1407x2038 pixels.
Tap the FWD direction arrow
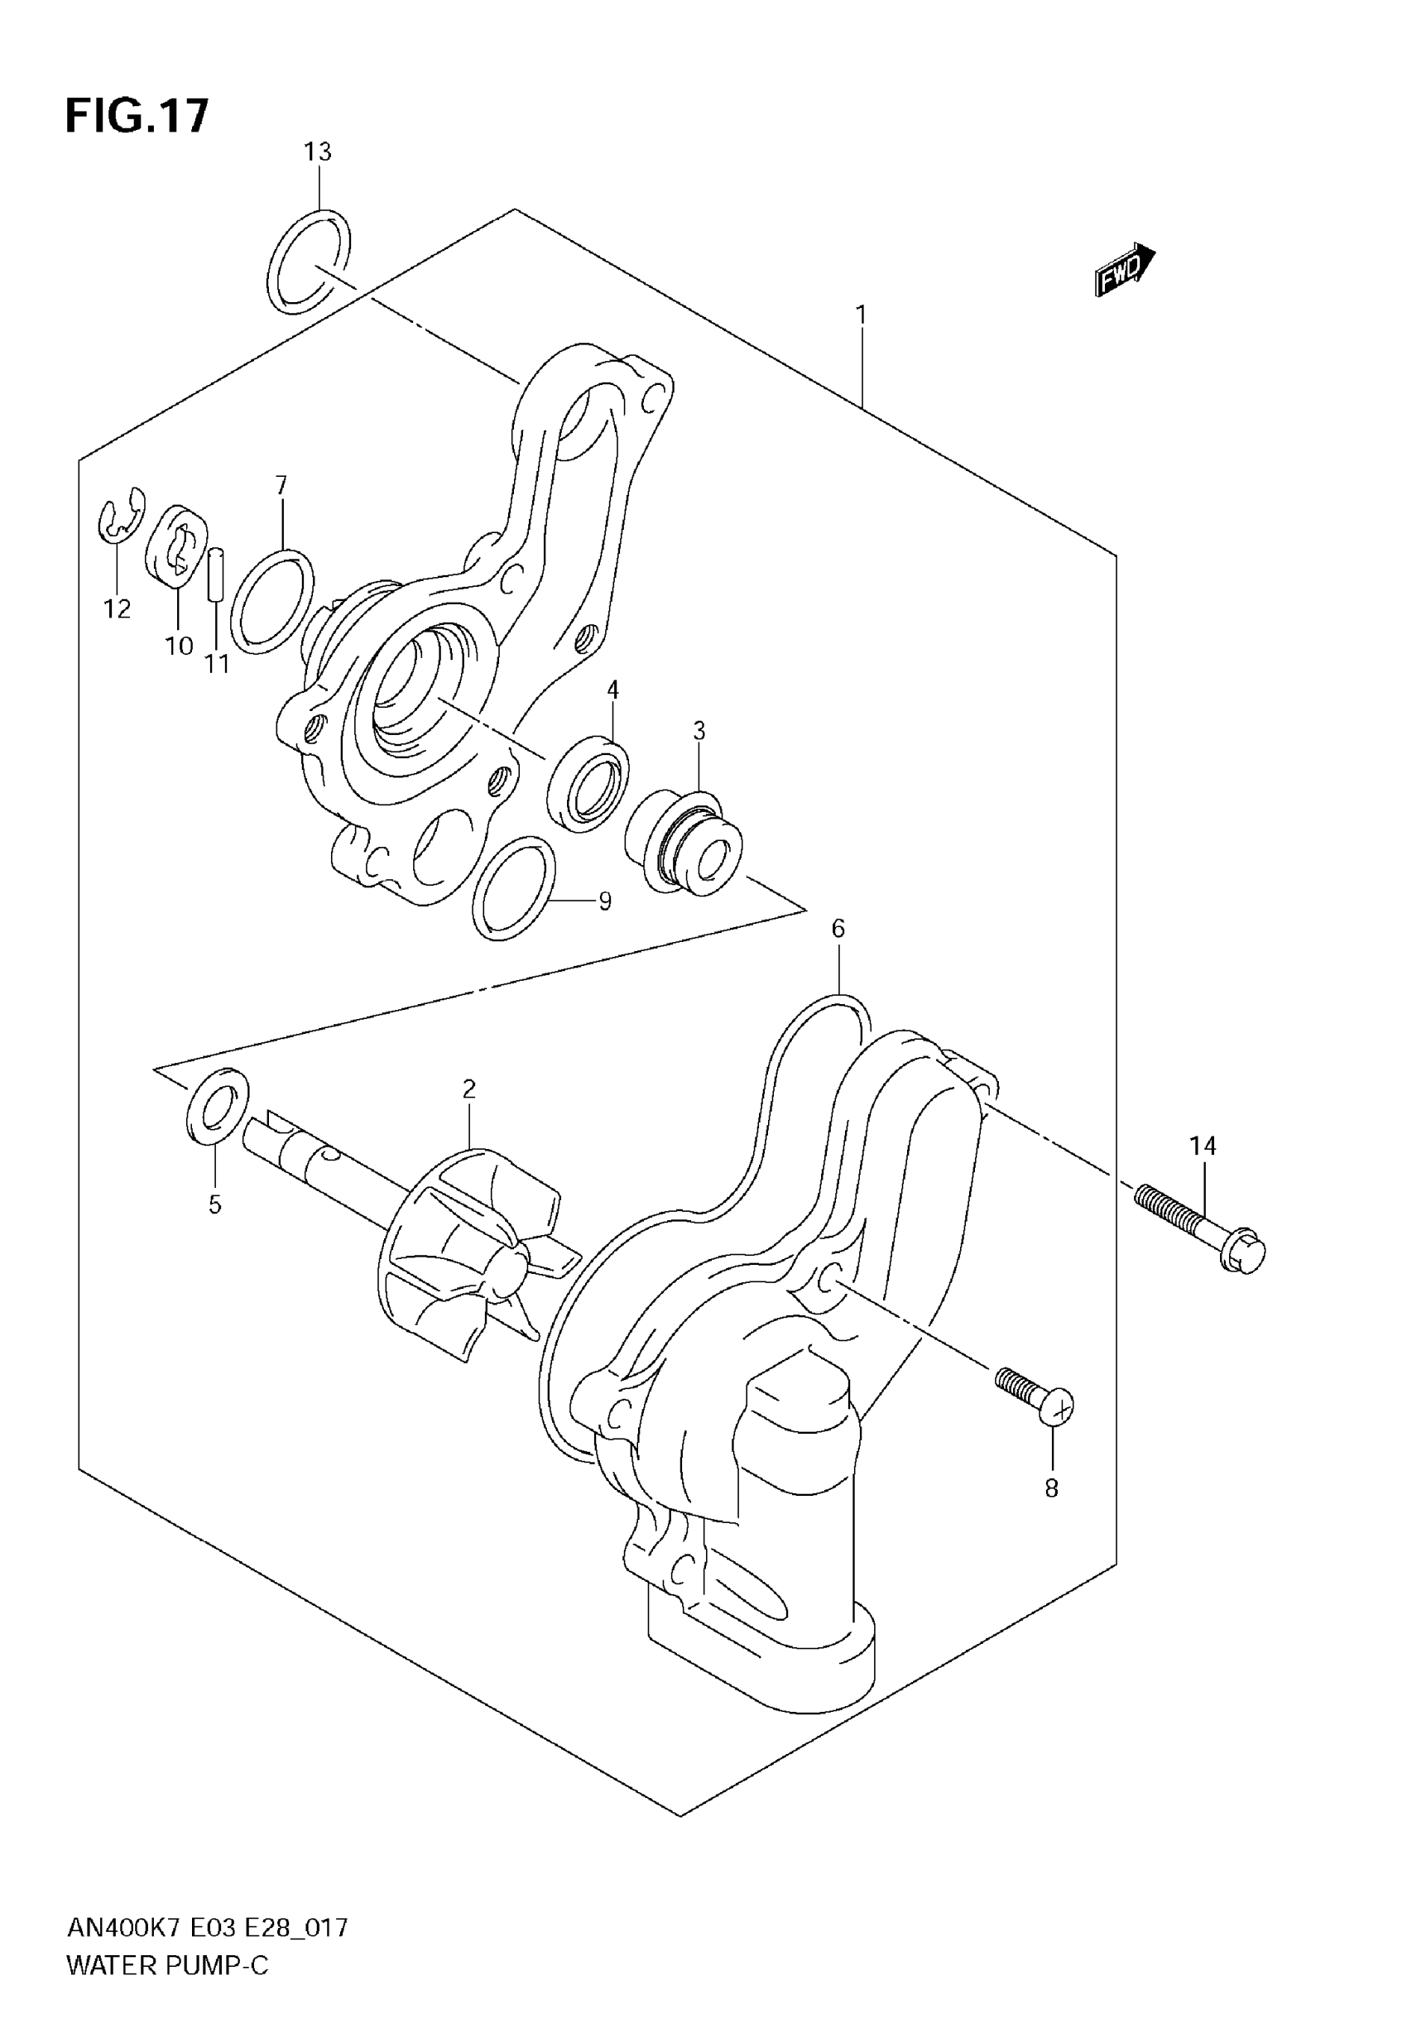pos(1124,268)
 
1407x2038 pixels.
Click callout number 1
pos(861,315)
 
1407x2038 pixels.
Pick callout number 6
pos(838,928)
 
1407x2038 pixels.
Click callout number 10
pos(179,646)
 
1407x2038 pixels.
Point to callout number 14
pos(1203,1146)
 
